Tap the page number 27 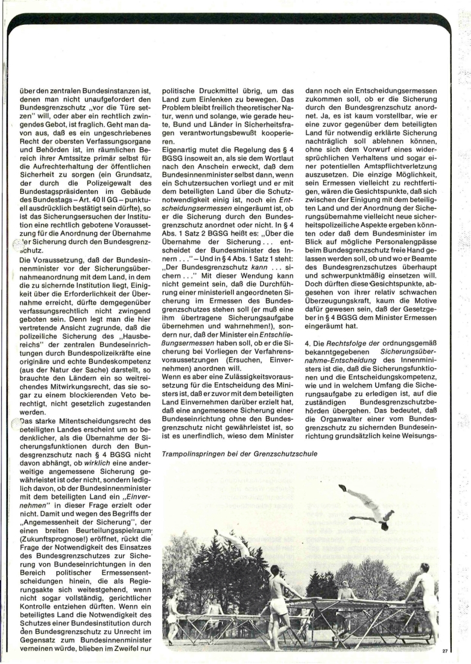446,651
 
